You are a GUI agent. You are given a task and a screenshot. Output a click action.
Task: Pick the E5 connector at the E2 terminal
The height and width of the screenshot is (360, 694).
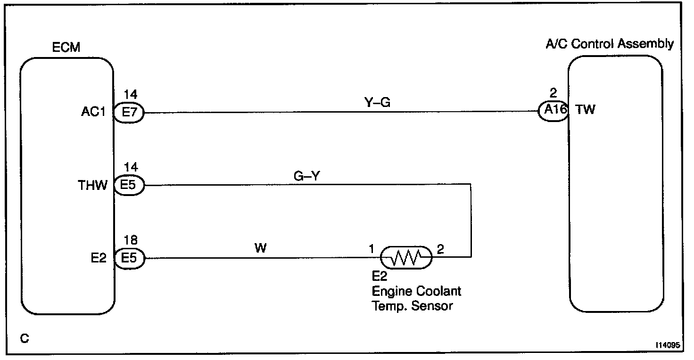[129, 258]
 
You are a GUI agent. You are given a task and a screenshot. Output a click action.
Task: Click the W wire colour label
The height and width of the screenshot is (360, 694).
[261, 248]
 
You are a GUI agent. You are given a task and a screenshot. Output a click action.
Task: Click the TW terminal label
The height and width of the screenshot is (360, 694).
[586, 110]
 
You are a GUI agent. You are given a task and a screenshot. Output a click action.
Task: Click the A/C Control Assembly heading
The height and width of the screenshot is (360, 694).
[609, 44]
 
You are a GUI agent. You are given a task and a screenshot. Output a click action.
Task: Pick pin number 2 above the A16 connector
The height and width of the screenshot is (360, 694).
[553, 93]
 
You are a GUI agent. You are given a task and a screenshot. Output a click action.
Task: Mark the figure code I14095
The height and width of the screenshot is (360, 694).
[667, 345]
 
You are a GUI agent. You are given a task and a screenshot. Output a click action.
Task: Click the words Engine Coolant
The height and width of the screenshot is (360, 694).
[417, 291]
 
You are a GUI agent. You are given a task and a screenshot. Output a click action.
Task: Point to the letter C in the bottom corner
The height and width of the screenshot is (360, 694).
[24, 338]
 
